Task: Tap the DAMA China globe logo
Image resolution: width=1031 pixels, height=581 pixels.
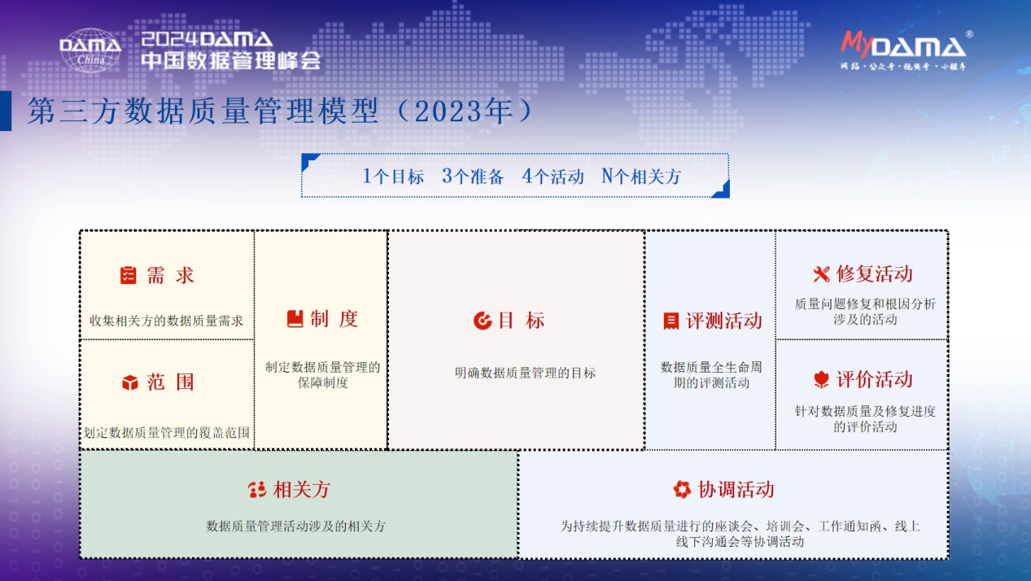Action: [90, 50]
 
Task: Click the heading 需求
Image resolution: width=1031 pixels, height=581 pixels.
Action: [171, 276]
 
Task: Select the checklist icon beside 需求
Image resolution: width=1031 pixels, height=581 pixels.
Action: [128, 276]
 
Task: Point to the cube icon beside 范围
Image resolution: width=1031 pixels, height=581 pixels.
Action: [129, 382]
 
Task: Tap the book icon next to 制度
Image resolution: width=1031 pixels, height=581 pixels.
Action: [295, 319]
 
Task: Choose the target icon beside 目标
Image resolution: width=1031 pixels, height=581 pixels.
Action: [483, 321]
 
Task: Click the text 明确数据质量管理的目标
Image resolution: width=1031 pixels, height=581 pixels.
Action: [525, 373]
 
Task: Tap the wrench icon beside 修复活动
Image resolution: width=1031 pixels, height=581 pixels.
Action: [821, 274]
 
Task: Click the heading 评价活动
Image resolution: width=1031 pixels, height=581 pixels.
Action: [874, 379]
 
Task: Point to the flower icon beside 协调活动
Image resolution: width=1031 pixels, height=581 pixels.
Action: [682, 489]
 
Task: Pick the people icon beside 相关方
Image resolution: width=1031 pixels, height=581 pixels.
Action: [257, 490]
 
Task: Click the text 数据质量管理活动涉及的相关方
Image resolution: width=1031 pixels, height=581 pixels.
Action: [296, 526]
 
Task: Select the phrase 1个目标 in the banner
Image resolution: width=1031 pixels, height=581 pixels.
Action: [393, 177]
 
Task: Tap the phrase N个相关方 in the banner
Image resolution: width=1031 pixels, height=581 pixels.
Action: [640, 177]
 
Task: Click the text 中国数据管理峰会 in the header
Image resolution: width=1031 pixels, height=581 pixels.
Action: [230, 60]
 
